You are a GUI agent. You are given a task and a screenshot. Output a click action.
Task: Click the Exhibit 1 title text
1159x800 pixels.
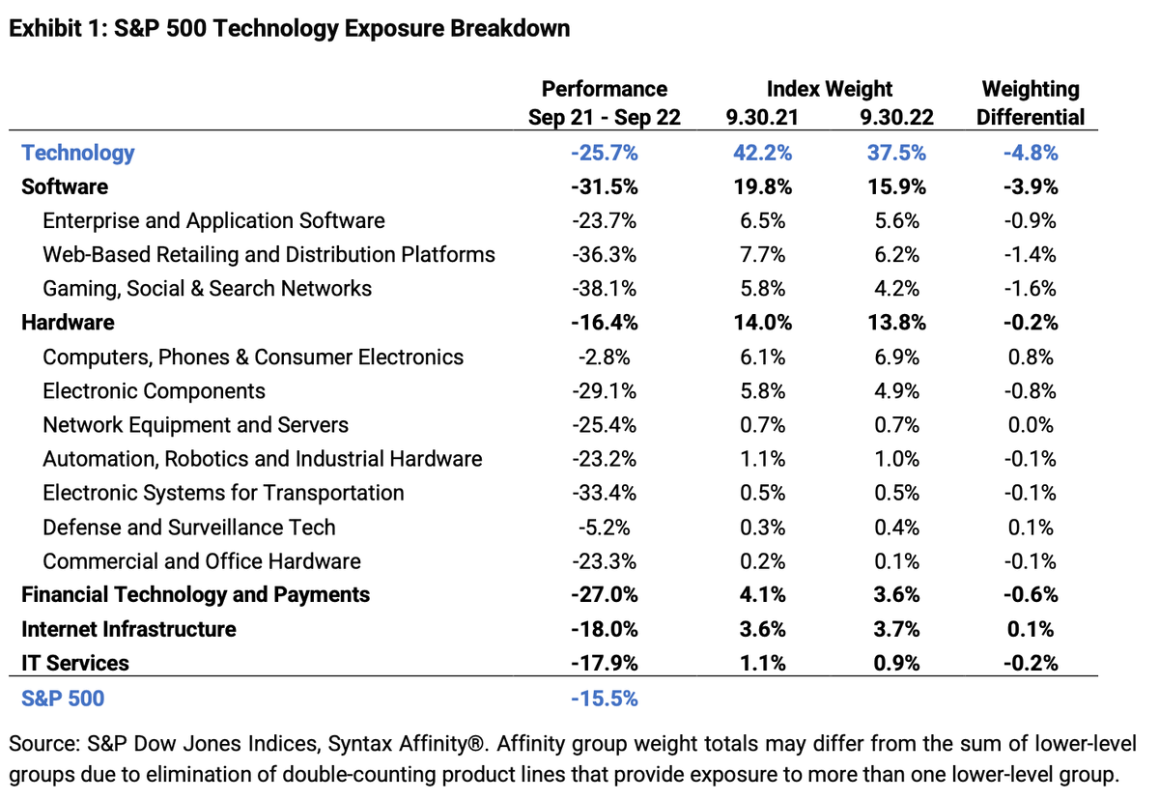pyautogui.click(x=289, y=28)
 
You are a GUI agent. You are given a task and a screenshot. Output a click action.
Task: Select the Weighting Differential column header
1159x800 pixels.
pyautogui.click(x=1030, y=103)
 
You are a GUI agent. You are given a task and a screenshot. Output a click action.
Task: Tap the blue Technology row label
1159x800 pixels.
pyautogui.click(x=78, y=153)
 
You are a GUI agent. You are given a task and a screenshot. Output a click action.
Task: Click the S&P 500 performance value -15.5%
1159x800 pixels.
pyautogui.click(x=604, y=698)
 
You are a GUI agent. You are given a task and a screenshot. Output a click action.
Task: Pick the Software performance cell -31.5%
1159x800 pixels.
pyautogui.click(x=604, y=186)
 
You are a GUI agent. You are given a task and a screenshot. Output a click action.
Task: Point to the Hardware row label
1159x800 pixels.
pyautogui.click(x=68, y=323)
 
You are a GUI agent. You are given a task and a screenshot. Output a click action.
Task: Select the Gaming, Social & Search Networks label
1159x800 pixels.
pyautogui.click(x=207, y=289)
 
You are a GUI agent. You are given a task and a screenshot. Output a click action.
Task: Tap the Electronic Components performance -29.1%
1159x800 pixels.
pyautogui.click(x=604, y=391)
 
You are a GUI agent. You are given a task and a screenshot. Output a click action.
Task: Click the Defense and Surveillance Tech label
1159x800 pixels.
pyautogui.click(x=189, y=528)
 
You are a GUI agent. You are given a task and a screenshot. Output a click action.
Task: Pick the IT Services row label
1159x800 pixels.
pyautogui.click(x=75, y=663)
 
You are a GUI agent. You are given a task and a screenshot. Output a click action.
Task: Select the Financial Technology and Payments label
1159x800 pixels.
pyautogui.click(x=195, y=594)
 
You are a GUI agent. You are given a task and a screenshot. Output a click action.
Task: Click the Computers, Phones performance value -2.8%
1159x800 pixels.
pyautogui.click(x=604, y=357)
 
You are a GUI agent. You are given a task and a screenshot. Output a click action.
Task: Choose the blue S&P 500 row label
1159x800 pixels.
pyautogui.click(x=63, y=698)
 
